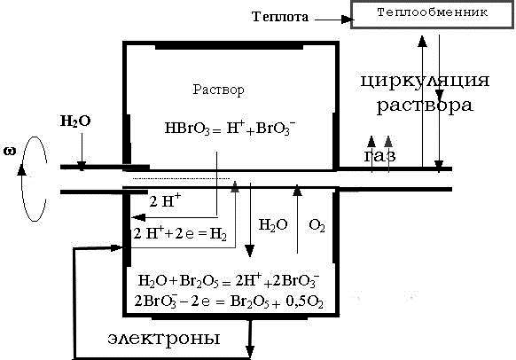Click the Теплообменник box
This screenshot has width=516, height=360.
coord(431,13)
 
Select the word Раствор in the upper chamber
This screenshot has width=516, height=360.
coord(218,90)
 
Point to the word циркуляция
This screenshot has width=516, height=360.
coord(426,82)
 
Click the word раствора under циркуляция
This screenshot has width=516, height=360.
coord(424,105)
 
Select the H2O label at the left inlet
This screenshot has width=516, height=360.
coord(74,120)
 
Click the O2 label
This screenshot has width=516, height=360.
coord(317,226)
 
